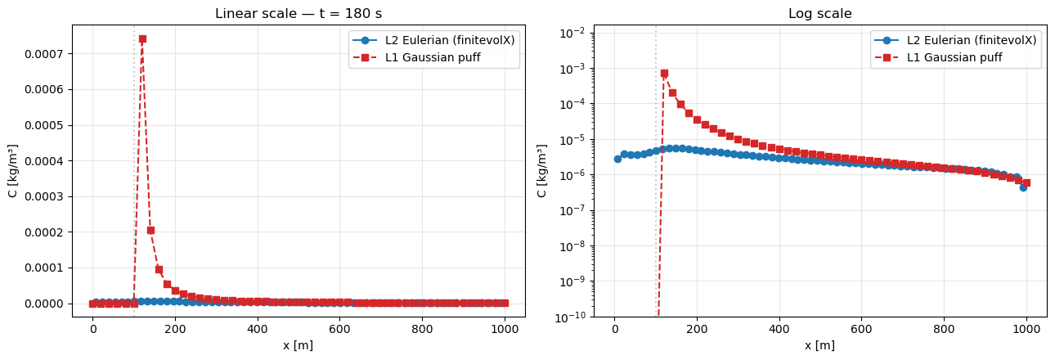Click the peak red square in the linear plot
(x=142, y=38)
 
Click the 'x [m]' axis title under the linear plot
(x=298, y=346)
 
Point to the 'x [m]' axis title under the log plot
(x=819, y=346)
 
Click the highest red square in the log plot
(x=664, y=73)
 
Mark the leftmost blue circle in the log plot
(x=617, y=159)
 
